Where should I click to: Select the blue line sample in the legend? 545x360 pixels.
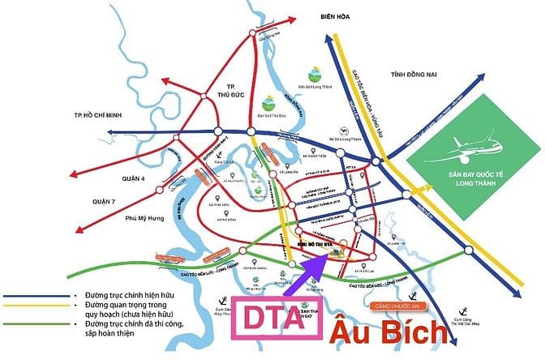coord(32,298)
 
